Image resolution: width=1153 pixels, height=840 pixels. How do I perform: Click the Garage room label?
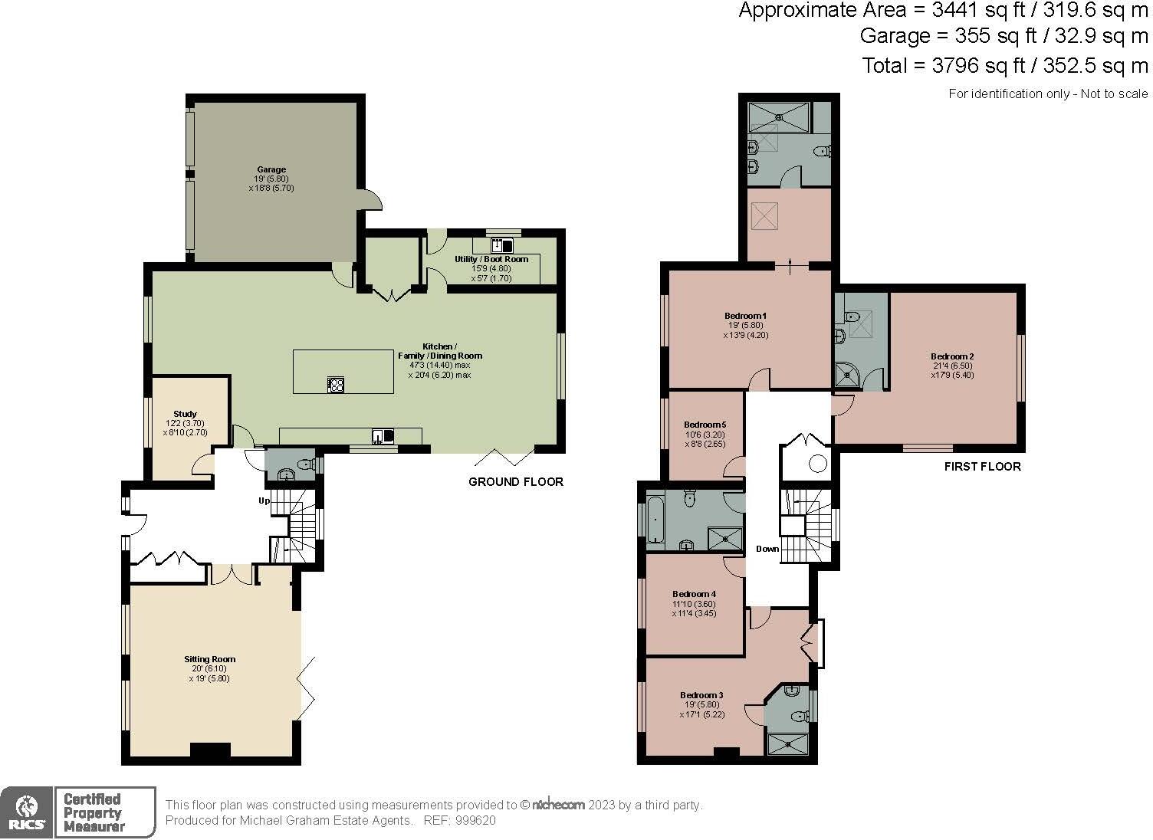271,169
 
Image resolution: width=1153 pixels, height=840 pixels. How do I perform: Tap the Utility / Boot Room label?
491,259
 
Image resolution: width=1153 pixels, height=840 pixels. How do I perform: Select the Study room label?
186,414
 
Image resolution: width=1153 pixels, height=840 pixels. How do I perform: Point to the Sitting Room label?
210,659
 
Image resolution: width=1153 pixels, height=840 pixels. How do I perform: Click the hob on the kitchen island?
336,385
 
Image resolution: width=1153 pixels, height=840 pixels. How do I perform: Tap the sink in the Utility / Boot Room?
501,245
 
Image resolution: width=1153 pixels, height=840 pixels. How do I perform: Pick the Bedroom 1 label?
746,316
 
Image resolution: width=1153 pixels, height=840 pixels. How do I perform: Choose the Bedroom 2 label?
952,356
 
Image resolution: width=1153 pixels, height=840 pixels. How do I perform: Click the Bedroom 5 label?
705,425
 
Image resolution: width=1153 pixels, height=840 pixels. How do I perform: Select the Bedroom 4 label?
695,594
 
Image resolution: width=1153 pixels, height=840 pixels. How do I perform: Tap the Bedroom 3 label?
702,695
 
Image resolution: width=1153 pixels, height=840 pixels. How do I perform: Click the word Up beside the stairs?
264,500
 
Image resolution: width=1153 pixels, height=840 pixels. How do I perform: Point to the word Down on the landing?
767,549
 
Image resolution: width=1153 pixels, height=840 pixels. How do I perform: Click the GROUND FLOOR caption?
516,482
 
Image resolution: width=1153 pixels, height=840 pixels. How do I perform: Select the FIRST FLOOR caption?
983,466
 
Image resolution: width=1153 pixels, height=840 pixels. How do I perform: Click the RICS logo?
26,812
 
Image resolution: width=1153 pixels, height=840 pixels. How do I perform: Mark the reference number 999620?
475,820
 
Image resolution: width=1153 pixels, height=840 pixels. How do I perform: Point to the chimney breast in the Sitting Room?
210,750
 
